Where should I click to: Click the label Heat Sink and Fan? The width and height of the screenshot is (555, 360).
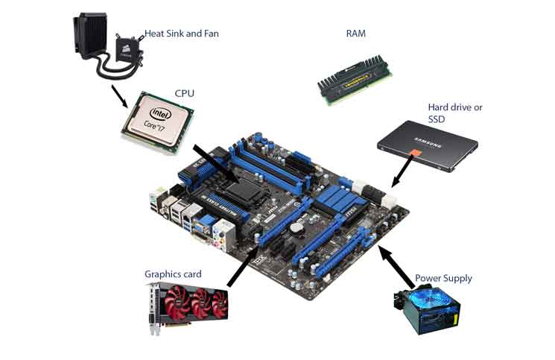(183, 34)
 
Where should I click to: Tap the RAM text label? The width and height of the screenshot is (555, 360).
(356, 34)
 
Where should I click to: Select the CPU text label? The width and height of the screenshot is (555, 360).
(185, 93)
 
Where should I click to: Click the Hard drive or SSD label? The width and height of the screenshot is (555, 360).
(454, 113)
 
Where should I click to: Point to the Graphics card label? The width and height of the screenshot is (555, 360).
(173, 274)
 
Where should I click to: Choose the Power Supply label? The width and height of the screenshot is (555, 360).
(443, 278)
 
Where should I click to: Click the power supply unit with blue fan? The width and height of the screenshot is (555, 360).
(426, 311)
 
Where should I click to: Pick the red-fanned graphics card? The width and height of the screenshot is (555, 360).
(188, 306)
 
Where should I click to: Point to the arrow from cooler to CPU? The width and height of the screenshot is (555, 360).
(118, 95)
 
